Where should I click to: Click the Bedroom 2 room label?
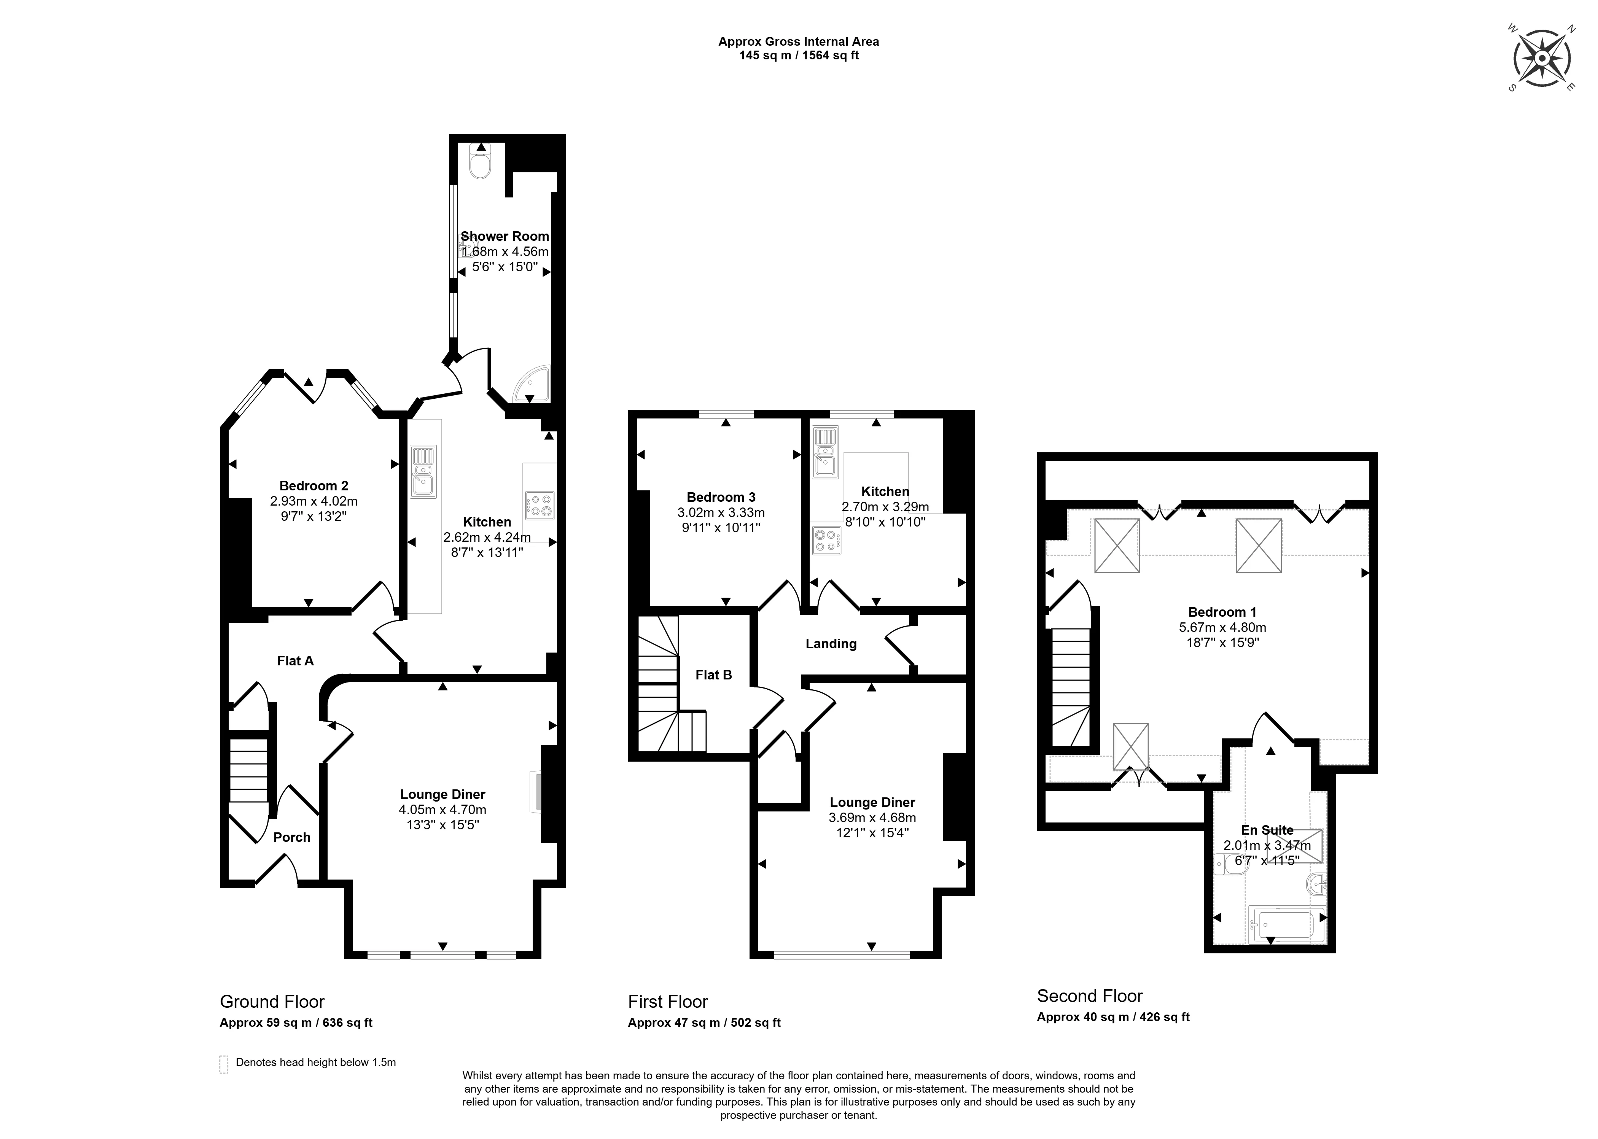click(314, 485)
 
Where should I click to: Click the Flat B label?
click(713, 675)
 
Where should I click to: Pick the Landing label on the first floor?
click(831, 644)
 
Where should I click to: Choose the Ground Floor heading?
click(272, 1002)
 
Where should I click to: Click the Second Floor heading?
click(1090, 996)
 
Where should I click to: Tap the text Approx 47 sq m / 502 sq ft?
click(704, 1023)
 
